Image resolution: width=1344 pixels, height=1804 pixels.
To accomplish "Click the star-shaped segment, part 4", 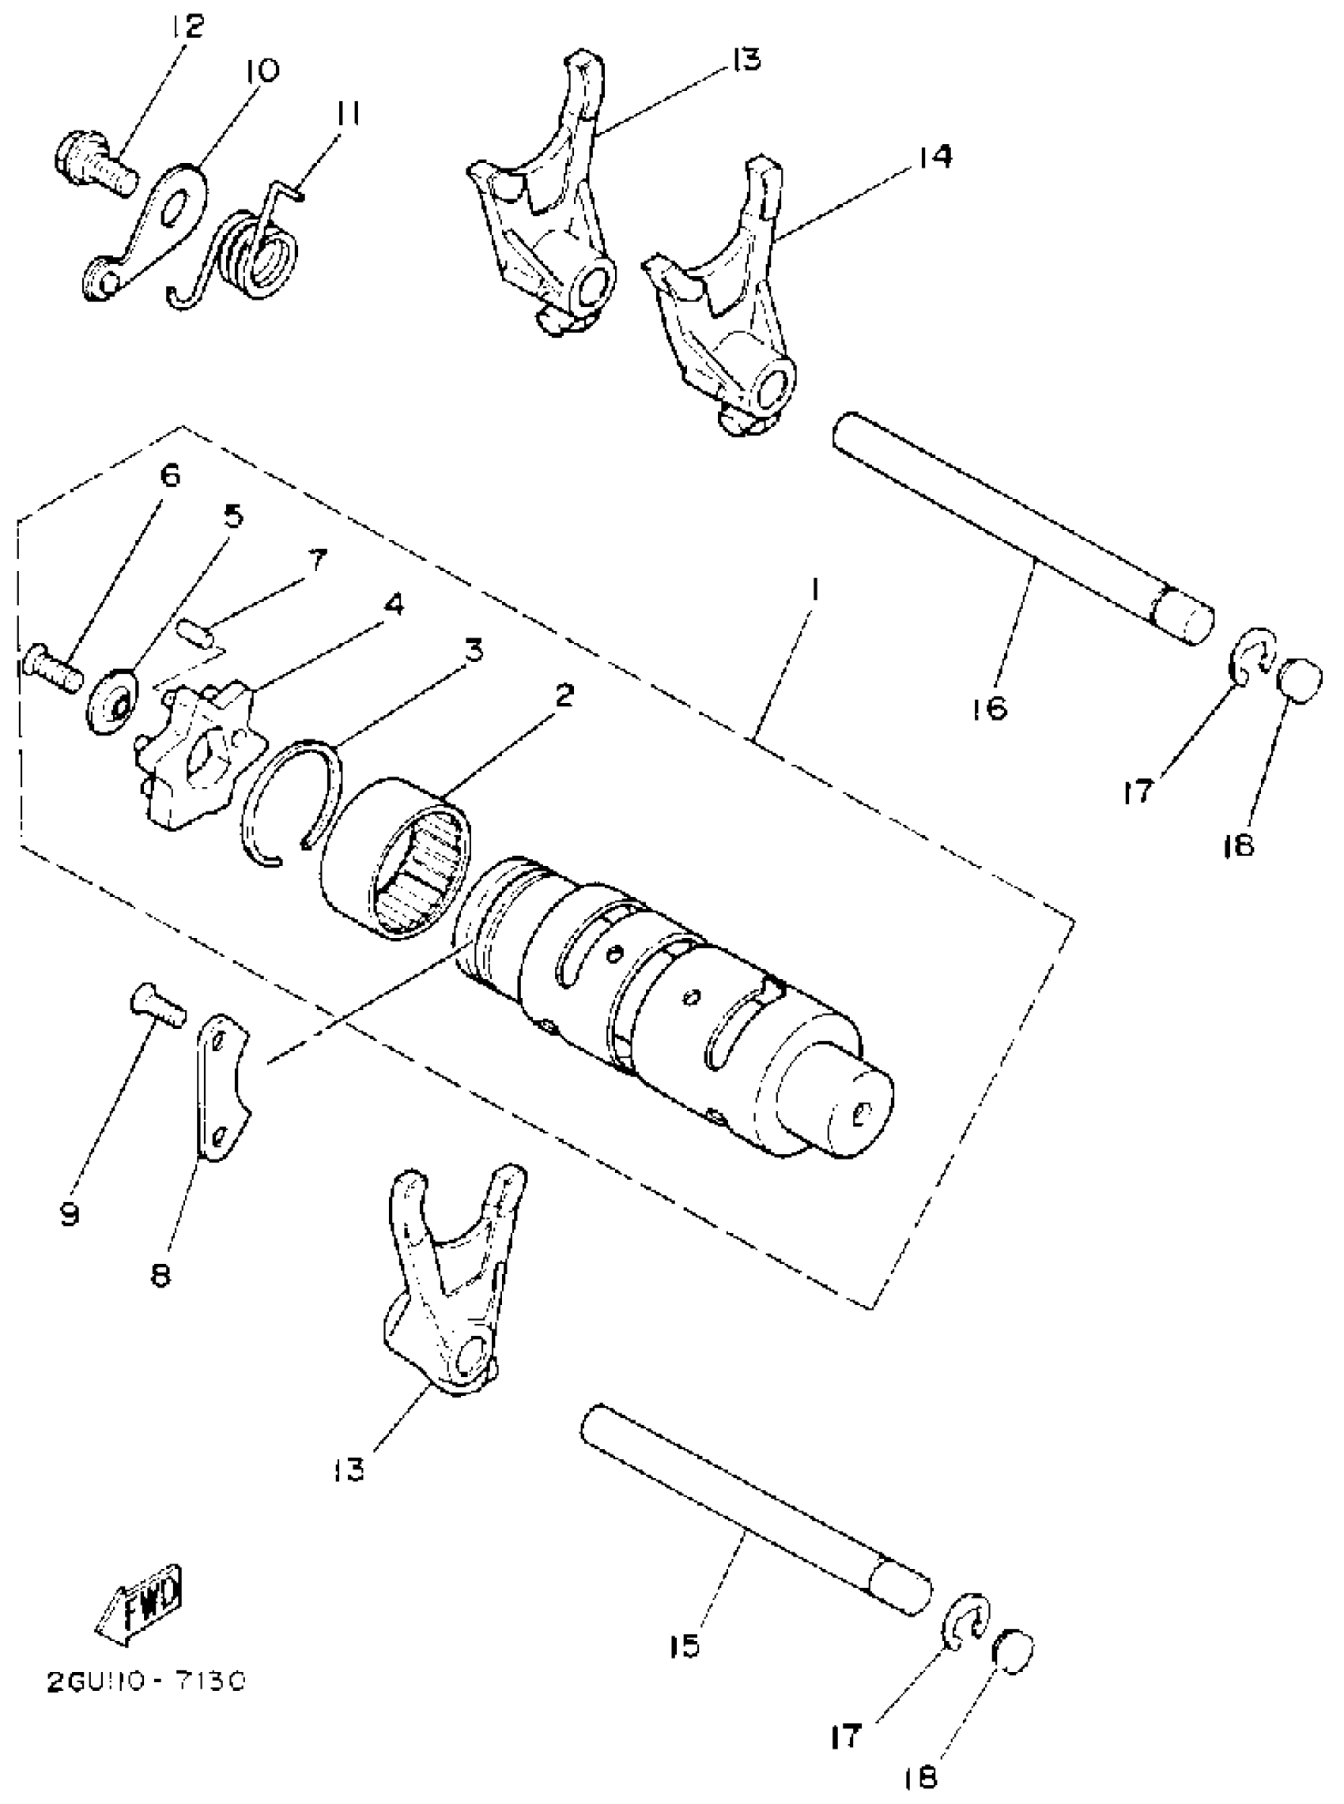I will [199, 754].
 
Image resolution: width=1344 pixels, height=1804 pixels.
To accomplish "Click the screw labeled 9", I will [159, 1006].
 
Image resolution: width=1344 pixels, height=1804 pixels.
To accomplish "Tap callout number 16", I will [989, 707].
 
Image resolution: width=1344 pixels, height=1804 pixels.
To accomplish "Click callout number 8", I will [161, 1276].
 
